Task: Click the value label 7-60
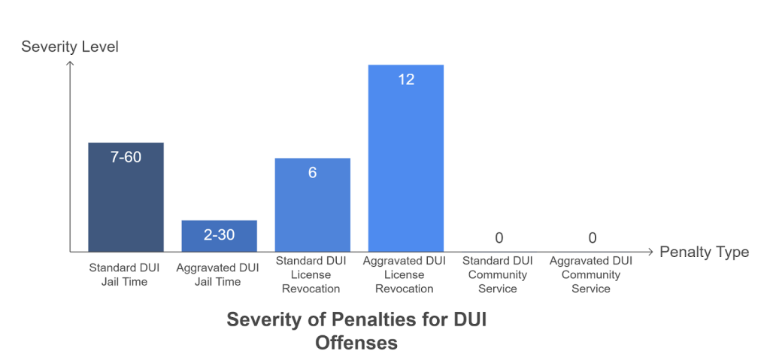(126, 158)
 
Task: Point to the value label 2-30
(219, 235)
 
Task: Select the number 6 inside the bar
(312, 173)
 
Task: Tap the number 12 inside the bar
(405, 79)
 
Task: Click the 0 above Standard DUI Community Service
(499, 238)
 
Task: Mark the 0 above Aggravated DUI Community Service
(592, 238)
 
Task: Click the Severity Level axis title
(70, 47)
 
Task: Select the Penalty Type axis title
(704, 252)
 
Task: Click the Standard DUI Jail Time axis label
(125, 274)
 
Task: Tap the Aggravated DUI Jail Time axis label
(217, 274)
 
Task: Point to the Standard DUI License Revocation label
(311, 274)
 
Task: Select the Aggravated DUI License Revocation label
(404, 274)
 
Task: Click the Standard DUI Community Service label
(497, 274)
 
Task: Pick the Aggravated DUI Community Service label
(590, 274)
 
